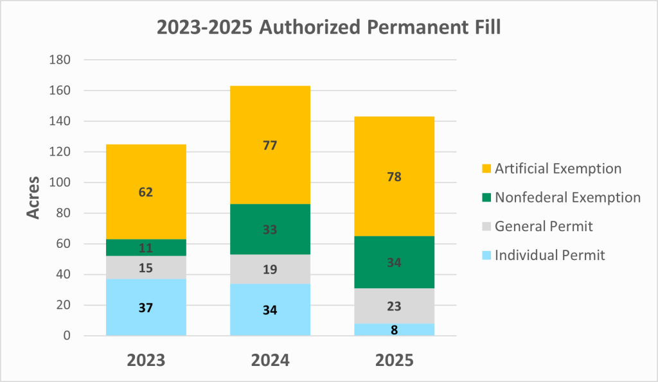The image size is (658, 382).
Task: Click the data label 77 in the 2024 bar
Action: pyautogui.click(x=270, y=146)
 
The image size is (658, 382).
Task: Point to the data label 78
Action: pyautogui.click(x=394, y=177)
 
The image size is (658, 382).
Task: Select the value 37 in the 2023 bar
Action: pyautogui.click(x=146, y=308)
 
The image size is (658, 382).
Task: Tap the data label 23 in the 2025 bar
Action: pyautogui.click(x=394, y=306)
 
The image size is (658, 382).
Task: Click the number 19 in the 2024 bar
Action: pyautogui.click(x=270, y=269)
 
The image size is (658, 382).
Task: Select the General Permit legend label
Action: pyautogui.click(x=544, y=226)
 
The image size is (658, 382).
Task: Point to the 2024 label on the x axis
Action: pyautogui.click(x=270, y=360)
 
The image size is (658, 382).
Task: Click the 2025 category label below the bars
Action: pyautogui.click(x=394, y=360)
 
